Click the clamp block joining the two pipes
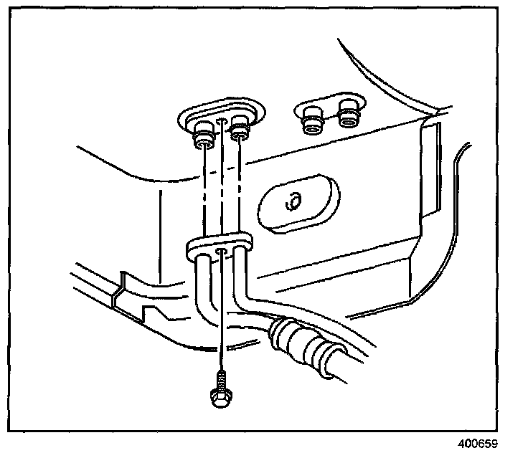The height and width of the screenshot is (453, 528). pyautogui.click(x=219, y=247)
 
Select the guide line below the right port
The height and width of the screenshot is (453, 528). pyautogui.click(x=240, y=186)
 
